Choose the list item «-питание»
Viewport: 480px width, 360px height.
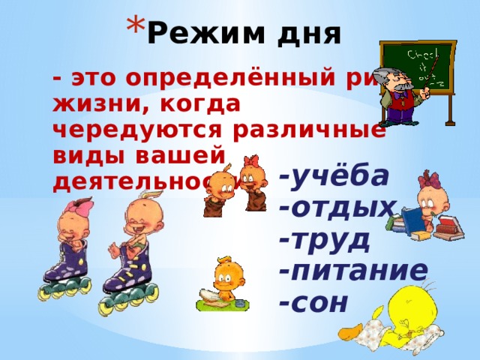[352, 270]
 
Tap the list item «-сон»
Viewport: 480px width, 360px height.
[313, 301]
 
